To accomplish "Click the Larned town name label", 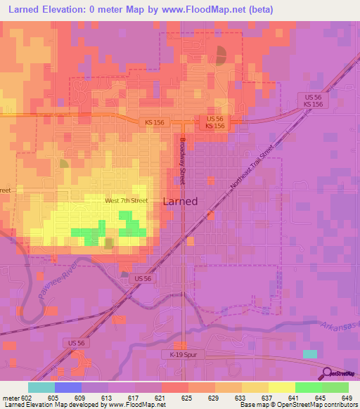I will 180,201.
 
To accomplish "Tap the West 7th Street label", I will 126,201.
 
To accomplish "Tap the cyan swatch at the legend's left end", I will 41,387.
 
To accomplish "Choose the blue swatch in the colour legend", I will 68,387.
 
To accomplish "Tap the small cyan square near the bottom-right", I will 310,353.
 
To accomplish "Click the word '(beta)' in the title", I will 257,10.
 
